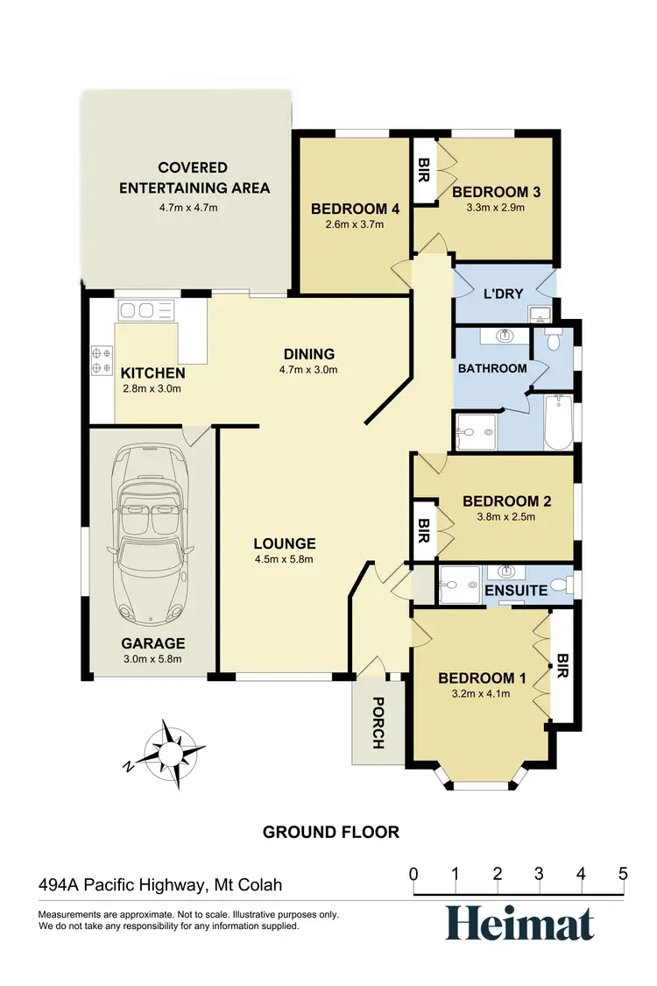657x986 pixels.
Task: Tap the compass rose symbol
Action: click(172, 750)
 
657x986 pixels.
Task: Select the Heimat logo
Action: click(519, 923)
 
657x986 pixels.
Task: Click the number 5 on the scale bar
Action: click(623, 874)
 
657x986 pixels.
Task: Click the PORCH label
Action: click(378, 722)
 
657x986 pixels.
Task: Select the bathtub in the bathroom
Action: click(557, 423)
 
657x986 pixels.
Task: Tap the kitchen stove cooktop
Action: click(102, 358)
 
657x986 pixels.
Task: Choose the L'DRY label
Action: click(502, 294)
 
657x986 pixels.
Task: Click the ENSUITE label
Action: click(516, 591)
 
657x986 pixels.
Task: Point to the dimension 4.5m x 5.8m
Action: click(284, 559)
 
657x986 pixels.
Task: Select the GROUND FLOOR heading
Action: click(331, 832)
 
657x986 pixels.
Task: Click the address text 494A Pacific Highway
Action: click(160, 885)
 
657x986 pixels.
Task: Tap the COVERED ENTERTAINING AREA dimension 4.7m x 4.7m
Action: click(187, 208)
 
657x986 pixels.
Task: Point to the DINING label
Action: click(308, 354)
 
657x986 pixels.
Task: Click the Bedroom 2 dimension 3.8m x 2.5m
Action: click(506, 516)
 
